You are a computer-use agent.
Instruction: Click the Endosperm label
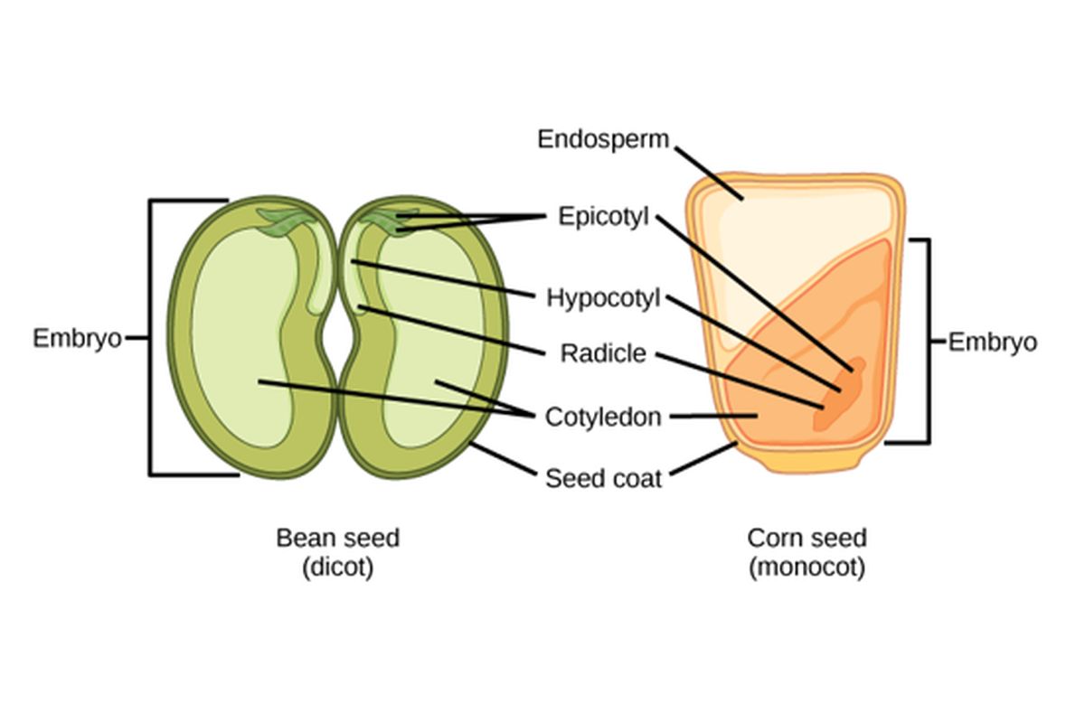click(603, 139)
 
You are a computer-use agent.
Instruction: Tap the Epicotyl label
click(603, 217)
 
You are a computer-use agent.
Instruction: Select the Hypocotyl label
click(603, 297)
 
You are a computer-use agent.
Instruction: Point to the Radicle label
click(603, 353)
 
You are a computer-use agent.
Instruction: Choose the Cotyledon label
click(603, 418)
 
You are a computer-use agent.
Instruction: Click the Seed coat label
click(603, 477)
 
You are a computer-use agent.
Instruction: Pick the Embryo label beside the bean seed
click(77, 338)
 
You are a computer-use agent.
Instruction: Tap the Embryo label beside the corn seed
click(992, 343)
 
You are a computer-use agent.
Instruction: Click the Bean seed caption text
click(337, 539)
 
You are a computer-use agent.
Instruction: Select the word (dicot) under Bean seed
click(337, 568)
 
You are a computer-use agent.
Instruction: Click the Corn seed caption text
click(807, 539)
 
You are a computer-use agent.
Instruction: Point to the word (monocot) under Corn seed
click(807, 568)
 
